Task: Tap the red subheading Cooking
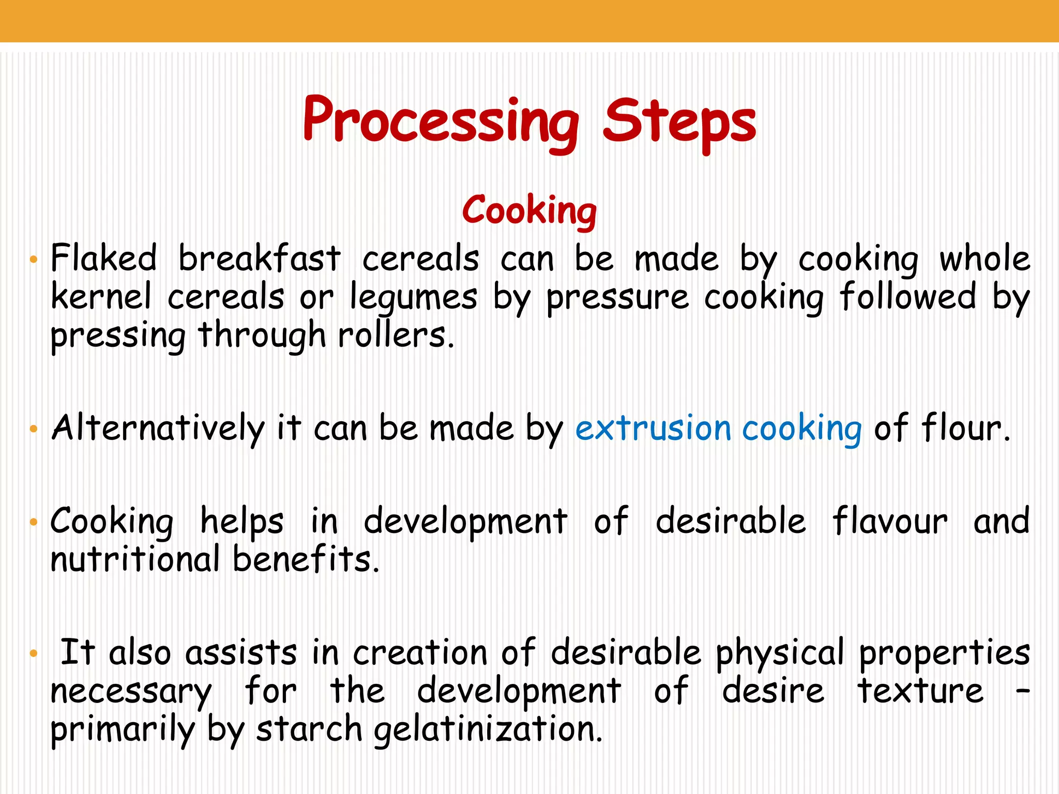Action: [529, 211]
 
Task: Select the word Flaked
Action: [103, 258]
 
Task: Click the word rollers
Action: [396, 336]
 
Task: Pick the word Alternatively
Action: [158, 429]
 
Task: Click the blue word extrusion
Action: [654, 429]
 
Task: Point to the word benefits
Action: [306, 559]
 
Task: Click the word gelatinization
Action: [488, 730]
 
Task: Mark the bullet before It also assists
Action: [34, 654]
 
